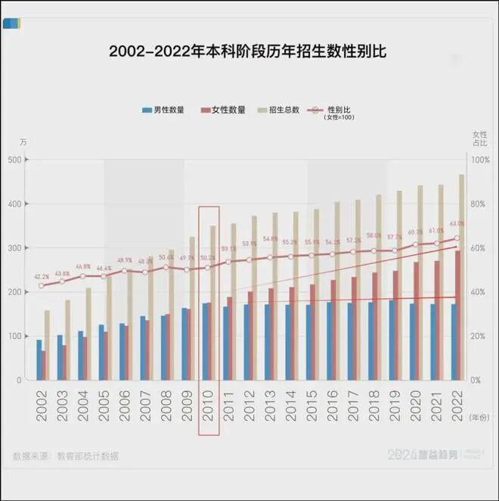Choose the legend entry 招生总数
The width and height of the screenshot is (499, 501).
[x=284, y=110]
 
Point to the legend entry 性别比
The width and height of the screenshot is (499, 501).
[x=341, y=110]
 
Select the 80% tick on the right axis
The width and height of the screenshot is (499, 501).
[x=480, y=204]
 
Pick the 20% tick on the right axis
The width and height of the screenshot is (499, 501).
[x=480, y=336]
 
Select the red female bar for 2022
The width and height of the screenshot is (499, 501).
[x=457, y=314]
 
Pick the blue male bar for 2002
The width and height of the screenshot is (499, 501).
[x=39, y=359]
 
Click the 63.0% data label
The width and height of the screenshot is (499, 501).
[x=457, y=224]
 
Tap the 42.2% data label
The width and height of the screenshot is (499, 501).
[x=42, y=277]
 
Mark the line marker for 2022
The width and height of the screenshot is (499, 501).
[x=457, y=238]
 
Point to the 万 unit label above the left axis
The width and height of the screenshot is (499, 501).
[x=23, y=142]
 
